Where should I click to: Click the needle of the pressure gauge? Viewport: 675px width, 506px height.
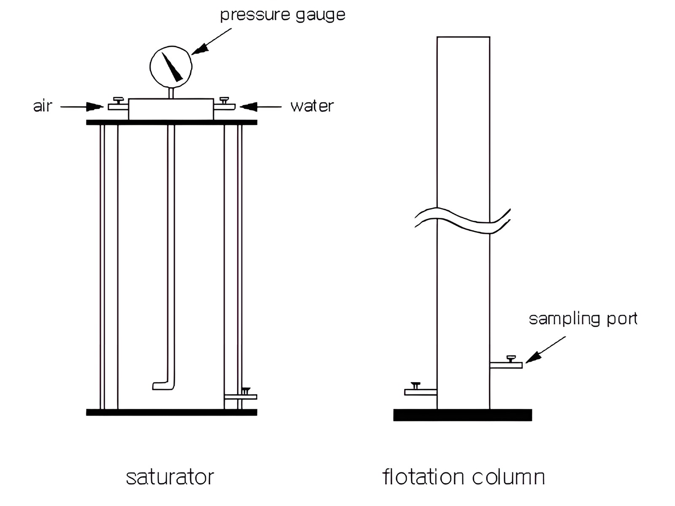point(172,67)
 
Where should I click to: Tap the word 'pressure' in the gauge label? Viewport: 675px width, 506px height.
point(255,15)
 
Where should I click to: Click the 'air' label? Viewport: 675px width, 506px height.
point(43,106)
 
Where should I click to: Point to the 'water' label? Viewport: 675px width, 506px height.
point(312,106)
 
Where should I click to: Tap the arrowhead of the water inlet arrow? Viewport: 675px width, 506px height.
point(248,107)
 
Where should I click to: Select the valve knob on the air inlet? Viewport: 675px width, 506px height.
point(118,100)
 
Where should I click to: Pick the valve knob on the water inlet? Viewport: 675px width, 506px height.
point(224,100)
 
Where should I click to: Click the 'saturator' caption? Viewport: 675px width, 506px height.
point(170,477)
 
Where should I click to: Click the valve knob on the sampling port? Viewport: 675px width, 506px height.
point(511,358)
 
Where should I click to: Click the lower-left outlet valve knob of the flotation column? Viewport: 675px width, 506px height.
point(415,385)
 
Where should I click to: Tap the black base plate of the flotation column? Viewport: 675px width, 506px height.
point(462,415)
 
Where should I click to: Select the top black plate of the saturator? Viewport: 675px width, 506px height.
point(172,123)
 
